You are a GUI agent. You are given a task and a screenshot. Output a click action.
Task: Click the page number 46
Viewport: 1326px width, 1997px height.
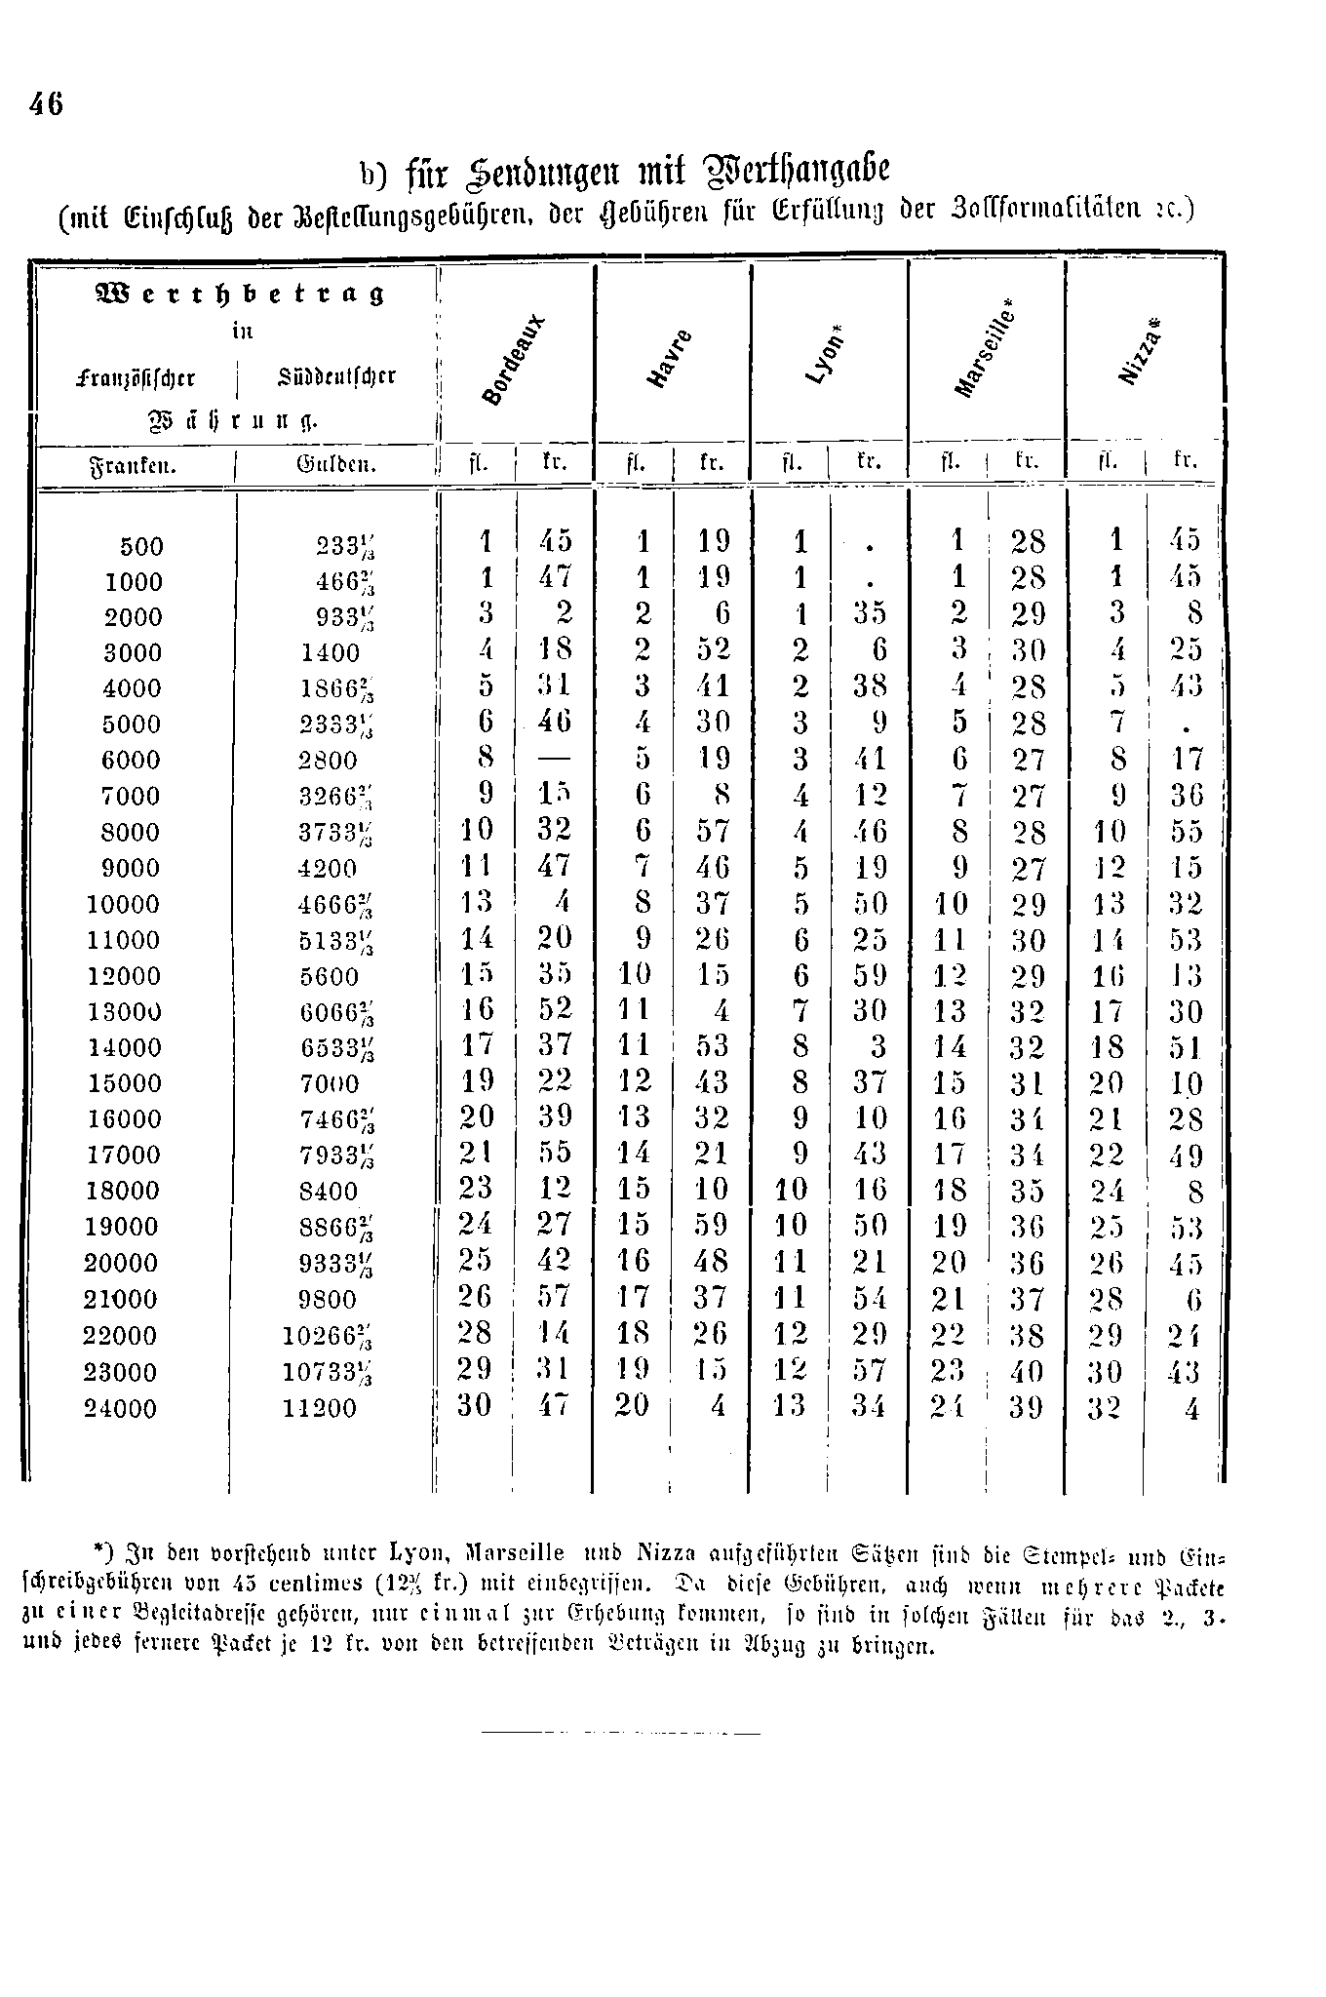[x=47, y=103]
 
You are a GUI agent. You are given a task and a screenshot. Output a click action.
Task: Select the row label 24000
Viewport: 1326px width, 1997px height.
[x=120, y=1408]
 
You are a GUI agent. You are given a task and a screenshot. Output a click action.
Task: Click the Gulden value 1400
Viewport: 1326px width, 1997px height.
[x=330, y=653]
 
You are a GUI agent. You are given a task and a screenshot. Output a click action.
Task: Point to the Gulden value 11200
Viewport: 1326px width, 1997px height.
[x=319, y=1408]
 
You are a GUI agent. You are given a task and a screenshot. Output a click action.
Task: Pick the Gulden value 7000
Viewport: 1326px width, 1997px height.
[x=329, y=1084]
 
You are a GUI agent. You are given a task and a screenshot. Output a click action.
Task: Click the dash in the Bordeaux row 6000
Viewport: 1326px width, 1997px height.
[x=556, y=759]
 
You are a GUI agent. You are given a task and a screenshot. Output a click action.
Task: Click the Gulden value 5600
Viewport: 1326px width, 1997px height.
[x=329, y=976]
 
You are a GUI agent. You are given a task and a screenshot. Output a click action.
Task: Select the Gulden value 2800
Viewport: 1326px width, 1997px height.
[x=329, y=761]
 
